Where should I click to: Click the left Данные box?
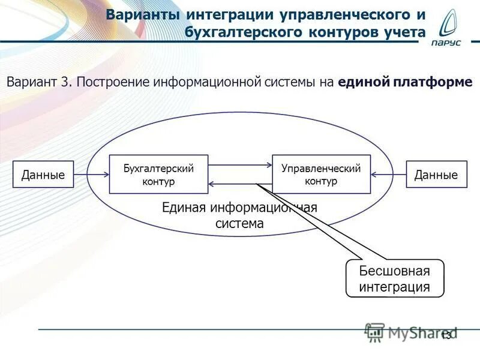43,175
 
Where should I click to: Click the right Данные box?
436,175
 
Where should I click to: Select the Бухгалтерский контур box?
159,174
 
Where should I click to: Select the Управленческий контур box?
321,174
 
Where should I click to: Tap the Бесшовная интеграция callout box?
395,278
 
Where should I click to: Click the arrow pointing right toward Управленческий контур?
240,164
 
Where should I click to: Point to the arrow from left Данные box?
91,175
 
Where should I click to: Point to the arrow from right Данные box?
388,175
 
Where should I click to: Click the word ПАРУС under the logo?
449,51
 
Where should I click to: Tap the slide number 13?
446,336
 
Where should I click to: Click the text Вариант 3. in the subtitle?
39,82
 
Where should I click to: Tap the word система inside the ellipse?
239,224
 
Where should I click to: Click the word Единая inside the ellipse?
183,208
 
